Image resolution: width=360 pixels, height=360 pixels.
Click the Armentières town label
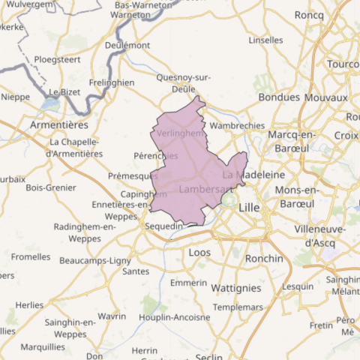59,124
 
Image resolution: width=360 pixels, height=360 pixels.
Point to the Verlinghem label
180,133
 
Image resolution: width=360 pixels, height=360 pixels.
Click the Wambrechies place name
237,126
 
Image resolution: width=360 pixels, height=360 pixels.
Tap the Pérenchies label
154,156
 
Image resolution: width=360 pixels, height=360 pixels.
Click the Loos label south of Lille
200,253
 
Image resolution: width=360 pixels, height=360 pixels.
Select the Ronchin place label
264,259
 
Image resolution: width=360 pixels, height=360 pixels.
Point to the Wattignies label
236,287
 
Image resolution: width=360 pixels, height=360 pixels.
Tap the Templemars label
238,307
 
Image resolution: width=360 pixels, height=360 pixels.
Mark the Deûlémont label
127,45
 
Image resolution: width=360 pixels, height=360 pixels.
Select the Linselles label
265,40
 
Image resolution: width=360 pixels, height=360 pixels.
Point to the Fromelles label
31,256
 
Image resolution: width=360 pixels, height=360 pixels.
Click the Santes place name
135,271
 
